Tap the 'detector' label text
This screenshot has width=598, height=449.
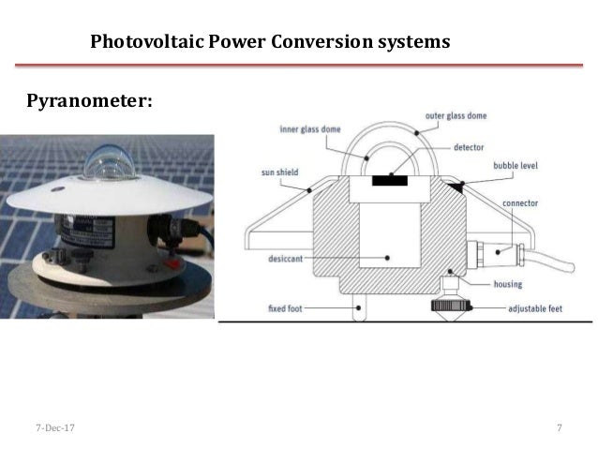coord(469,147)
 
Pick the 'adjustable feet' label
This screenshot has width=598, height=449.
coord(536,308)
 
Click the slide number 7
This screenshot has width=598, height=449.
coord(559,428)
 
